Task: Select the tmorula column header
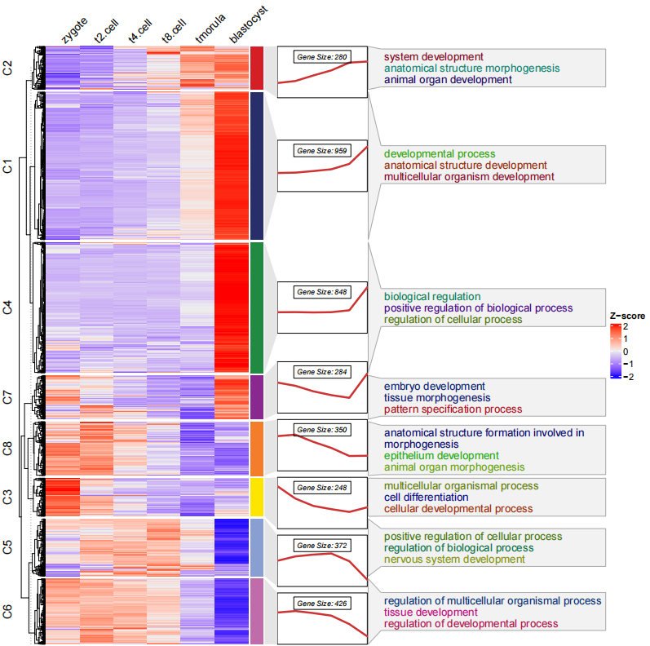click(205, 32)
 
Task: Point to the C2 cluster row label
click(8, 68)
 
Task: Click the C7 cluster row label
click(8, 398)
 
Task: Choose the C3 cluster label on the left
click(8, 497)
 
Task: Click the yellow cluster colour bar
click(256, 497)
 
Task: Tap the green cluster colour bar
click(256, 308)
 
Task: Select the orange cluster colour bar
click(256, 448)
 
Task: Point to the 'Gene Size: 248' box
click(322, 487)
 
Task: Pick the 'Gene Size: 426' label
click(322, 603)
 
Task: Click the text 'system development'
click(433, 57)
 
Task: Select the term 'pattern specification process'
click(453, 409)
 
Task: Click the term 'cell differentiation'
click(426, 497)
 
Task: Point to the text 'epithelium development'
click(441, 455)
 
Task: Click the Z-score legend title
click(628, 316)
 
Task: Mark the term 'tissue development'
click(431, 612)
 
